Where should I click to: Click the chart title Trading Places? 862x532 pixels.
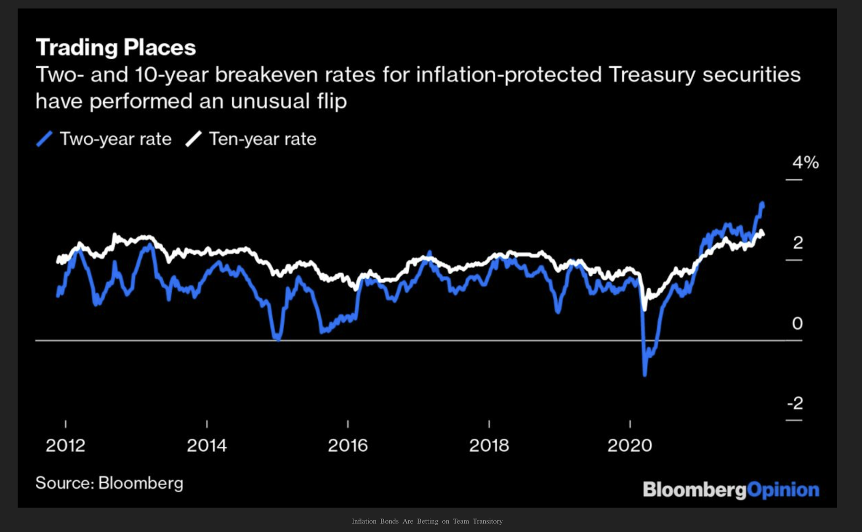tap(116, 47)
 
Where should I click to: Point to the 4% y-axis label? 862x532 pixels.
tap(805, 162)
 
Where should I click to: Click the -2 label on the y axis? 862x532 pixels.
tap(795, 403)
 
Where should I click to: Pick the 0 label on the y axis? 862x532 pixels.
tap(797, 323)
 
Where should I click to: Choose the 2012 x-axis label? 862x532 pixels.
tap(65, 445)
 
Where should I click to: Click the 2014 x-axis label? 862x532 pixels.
tap(207, 445)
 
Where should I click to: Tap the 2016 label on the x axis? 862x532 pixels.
tap(348, 445)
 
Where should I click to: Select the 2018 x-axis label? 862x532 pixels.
tap(489, 445)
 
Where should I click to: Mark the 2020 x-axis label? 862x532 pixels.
tap(630, 445)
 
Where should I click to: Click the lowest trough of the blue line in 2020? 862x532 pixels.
tap(645, 374)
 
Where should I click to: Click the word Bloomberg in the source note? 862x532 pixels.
tap(141, 483)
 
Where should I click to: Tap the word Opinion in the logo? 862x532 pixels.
tap(783, 490)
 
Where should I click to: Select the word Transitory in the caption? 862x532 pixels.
tap(487, 521)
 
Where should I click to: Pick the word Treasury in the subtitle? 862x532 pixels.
tap(651, 75)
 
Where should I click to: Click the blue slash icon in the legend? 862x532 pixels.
tap(44, 139)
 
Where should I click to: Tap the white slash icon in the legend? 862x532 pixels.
tap(194, 139)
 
